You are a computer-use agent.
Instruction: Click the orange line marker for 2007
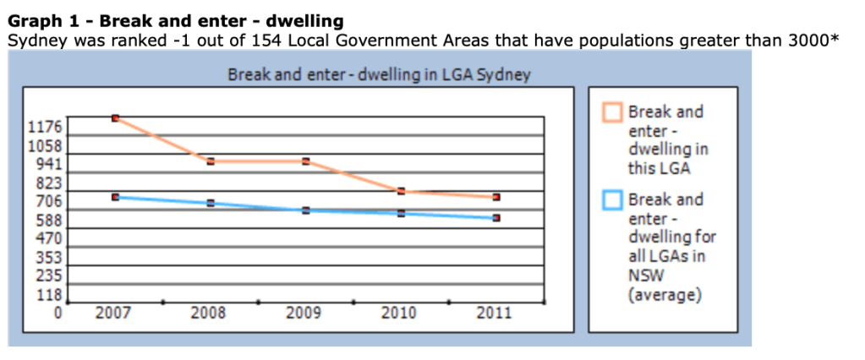115,117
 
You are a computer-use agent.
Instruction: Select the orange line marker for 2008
211,161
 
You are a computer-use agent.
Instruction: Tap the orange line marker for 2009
305,161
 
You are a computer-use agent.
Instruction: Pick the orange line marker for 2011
497,197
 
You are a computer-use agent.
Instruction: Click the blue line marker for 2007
115,197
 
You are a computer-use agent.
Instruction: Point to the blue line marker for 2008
211,203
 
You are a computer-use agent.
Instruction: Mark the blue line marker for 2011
497,218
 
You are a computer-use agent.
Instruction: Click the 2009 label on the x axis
304,314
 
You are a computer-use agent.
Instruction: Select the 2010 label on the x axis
399,314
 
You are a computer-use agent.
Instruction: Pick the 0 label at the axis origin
58,314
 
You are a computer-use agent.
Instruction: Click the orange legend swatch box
612,112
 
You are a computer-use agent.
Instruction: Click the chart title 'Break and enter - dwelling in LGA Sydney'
379,74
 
